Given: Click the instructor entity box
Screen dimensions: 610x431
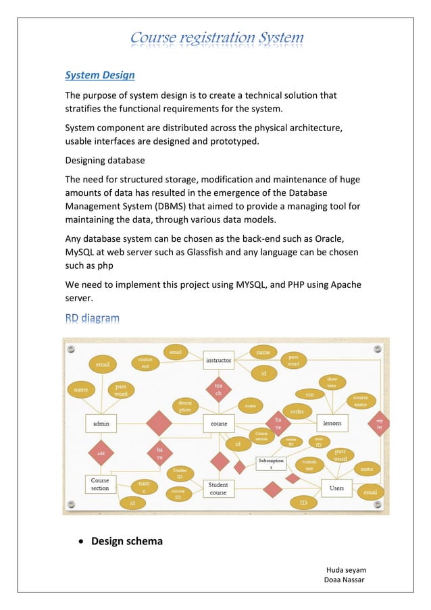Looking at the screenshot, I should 218,360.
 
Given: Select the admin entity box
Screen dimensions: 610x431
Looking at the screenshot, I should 101,424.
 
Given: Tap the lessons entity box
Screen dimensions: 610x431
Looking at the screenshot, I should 332,423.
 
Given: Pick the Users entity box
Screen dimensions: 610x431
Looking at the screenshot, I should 336,487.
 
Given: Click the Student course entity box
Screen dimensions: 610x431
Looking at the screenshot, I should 218,488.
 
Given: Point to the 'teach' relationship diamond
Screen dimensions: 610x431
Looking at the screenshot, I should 218,389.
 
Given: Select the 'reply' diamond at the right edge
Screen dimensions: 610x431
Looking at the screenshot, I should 380,424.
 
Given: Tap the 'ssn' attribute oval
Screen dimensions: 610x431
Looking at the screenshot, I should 309,394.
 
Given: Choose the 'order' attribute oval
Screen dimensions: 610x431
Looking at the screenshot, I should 296,411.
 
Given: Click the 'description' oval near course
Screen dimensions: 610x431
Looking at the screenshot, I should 184,405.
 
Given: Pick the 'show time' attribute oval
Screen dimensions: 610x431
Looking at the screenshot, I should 332,382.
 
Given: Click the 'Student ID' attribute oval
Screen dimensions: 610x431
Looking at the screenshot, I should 180,472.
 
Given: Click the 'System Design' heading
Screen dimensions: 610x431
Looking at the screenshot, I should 99,75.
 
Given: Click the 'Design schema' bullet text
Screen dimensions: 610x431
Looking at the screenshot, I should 127,541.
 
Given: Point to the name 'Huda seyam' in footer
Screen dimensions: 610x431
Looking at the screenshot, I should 345,569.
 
